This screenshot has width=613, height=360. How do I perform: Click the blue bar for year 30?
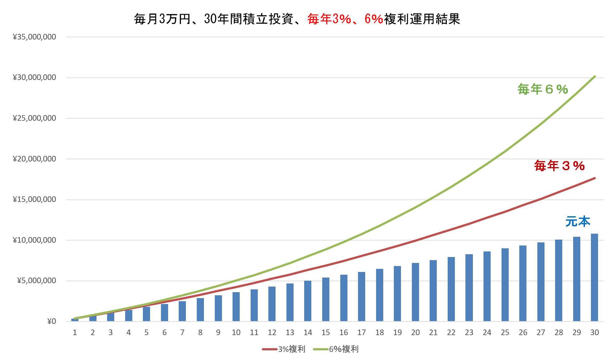point(594,277)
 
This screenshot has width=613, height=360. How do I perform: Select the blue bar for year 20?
point(415,292)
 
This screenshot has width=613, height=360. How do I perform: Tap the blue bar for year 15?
point(326,299)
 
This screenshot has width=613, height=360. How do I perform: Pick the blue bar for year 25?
point(505,285)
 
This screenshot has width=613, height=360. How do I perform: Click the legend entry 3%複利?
point(284,349)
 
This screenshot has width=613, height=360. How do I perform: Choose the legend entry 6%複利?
point(336,349)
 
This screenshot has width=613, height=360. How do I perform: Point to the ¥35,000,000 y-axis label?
point(34,37)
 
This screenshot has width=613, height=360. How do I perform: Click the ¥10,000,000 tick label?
point(34,240)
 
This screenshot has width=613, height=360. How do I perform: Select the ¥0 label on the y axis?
point(51,321)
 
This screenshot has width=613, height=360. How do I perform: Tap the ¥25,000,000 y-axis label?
point(34,118)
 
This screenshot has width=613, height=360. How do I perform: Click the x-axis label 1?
point(75,333)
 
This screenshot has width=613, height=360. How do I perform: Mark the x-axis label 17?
point(361,333)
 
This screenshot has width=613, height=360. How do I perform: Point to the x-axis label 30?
point(594,333)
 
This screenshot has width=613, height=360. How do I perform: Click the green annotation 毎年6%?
point(543,90)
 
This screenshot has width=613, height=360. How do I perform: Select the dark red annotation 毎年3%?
point(559,166)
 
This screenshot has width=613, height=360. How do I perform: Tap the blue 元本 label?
point(578,222)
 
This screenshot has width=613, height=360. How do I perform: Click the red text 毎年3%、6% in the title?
point(345,19)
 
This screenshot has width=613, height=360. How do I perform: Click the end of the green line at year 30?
point(595,77)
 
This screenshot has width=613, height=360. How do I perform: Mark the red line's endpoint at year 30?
point(595,178)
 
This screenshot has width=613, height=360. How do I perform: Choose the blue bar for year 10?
point(236,306)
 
